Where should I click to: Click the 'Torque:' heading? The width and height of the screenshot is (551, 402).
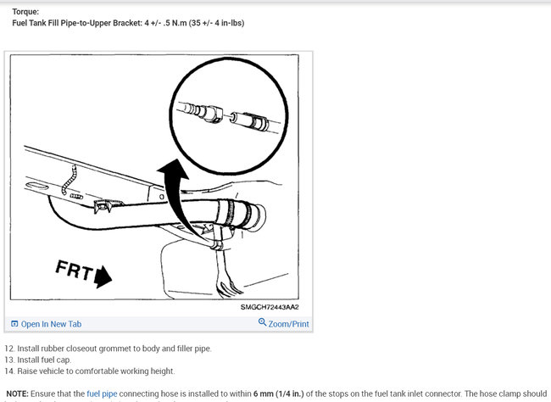[x=25, y=12]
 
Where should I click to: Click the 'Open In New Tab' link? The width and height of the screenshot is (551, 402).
[x=51, y=324]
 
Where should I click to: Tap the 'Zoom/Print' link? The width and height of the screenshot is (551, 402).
[x=288, y=324]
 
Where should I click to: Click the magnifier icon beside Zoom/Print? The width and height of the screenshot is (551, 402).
[x=262, y=323]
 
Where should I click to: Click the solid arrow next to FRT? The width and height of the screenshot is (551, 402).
[x=103, y=276]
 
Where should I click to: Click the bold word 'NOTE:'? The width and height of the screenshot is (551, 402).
[x=17, y=394]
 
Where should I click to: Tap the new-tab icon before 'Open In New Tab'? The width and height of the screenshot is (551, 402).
[x=14, y=324]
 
